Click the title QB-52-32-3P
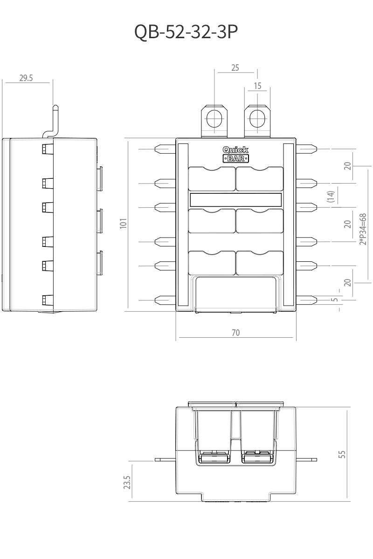[x=186, y=32]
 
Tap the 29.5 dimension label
[x=26, y=78]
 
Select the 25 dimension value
[x=235, y=68]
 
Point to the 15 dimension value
[x=257, y=86]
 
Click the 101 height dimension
[x=124, y=223]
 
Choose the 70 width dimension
[x=235, y=333]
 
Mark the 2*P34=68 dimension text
[x=363, y=229]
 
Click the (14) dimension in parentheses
[x=331, y=197]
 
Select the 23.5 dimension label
[x=127, y=482]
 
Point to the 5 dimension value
[x=336, y=300]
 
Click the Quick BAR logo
[x=235, y=154]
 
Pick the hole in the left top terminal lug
[x=214, y=118]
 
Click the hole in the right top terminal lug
[x=257, y=118]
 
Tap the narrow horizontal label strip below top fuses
[x=235, y=200]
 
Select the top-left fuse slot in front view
[x=212, y=179]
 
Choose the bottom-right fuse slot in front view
[x=260, y=263]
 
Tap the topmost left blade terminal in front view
[x=165, y=149]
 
